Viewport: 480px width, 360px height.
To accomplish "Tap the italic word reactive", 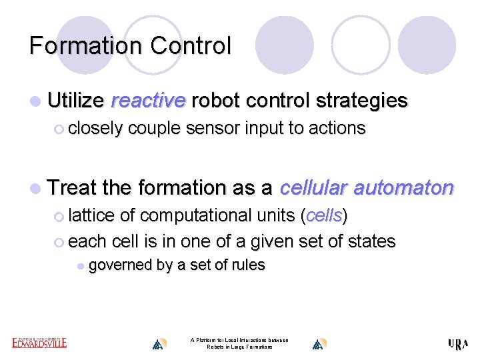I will coord(147,101).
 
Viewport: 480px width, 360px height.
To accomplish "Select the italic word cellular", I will coord(313,188).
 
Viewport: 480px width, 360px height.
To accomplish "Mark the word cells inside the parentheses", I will coord(324,216).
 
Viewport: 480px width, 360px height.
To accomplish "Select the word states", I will coord(366,241).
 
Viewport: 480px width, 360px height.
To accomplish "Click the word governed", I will coord(120,265).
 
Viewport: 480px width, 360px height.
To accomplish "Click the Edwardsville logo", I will coord(39,343).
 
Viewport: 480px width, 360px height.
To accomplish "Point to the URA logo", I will coord(458,344).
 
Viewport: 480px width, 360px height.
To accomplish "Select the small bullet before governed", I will coord(80,266).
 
